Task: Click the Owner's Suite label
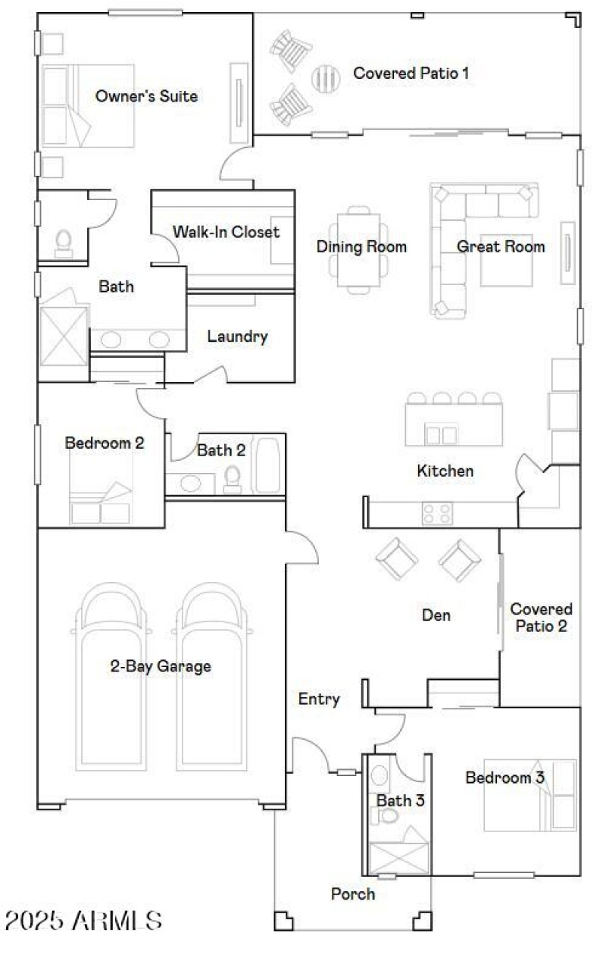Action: (146, 96)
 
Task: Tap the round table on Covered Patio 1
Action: (326, 77)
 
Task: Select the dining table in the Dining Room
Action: (358, 248)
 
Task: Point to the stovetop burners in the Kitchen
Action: (437, 514)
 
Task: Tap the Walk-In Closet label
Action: (226, 232)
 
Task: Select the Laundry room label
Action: (237, 336)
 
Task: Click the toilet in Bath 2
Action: (233, 479)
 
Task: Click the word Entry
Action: (319, 699)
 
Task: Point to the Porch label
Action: (353, 894)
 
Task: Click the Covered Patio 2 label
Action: (541, 617)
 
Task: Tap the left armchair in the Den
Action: (397, 559)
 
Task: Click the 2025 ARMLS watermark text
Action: (83, 921)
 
